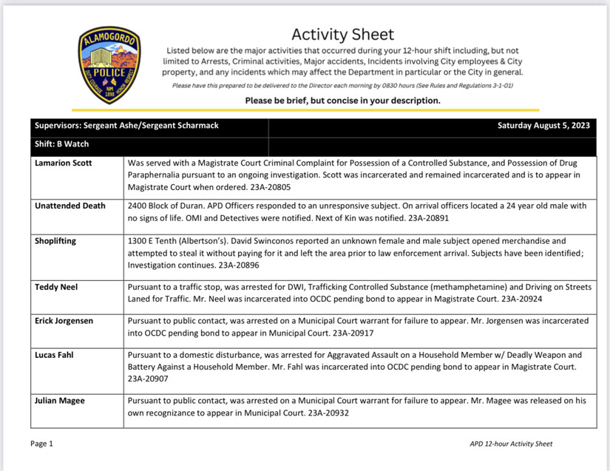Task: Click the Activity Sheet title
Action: click(x=342, y=34)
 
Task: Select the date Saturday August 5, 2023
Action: click(x=543, y=126)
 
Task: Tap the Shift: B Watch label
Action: click(x=61, y=144)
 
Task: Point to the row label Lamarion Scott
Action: click(x=64, y=163)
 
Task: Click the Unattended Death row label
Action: click(x=70, y=206)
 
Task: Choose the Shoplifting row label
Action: click(x=55, y=241)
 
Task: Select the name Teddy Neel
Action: click(x=56, y=287)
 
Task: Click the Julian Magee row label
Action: click(x=60, y=401)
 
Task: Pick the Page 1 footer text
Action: click(x=41, y=444)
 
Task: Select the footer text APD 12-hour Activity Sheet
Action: click(x=510, y=444)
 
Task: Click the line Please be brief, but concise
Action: click(x=342, y=101)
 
